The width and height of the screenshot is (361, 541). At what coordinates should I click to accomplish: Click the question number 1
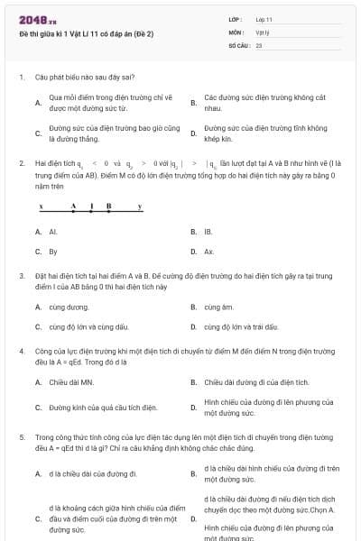(x=22, y=78)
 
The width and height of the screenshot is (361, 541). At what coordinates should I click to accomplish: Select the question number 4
(x=22, y=348)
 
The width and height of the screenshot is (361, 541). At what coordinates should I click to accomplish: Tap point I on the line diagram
(x=92, y=207)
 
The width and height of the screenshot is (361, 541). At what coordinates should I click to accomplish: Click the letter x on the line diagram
(x=41, y=206)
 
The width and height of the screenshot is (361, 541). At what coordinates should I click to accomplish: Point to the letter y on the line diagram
(x=139, y=206)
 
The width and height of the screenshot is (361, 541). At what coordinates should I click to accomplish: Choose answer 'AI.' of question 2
(x=53, y=232)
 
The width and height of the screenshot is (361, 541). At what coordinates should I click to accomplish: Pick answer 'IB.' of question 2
(x=208, y=232)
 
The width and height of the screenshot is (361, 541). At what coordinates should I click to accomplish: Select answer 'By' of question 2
(x=53, y=252)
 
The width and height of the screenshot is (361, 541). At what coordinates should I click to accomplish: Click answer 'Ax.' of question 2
(x=208, y=252)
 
